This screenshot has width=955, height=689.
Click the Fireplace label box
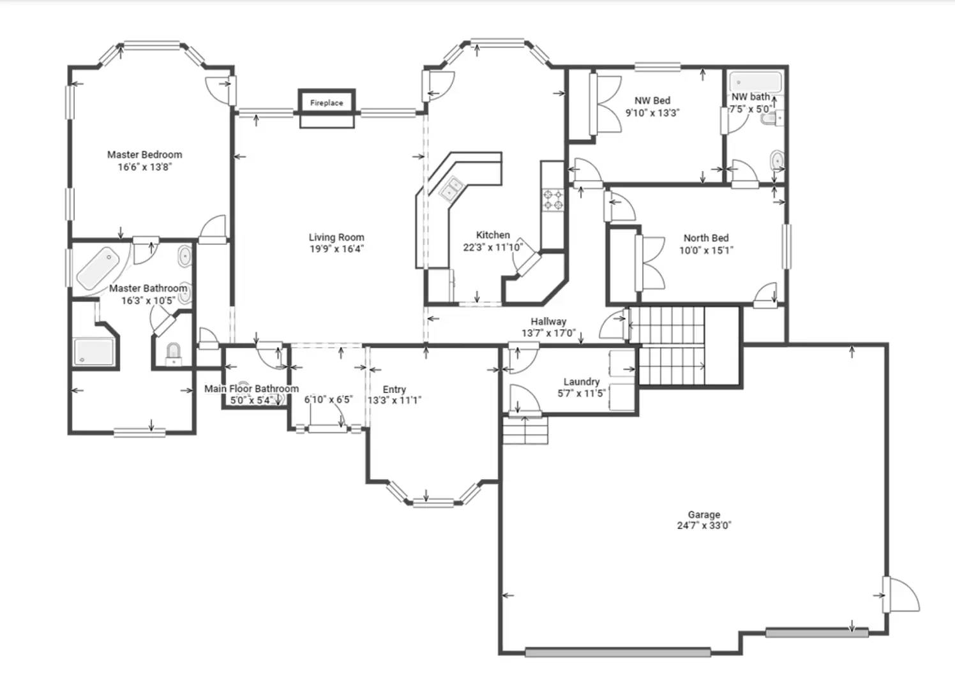(x=326, y=102)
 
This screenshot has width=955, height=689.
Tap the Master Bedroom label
(x=144, y=154)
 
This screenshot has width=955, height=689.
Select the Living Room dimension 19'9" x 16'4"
(x=336, y=249)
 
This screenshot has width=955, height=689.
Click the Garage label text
(x=703, y=514)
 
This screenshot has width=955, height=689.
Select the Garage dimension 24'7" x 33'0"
(x=703, y=526)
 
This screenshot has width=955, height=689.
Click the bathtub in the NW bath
(x=755, y=82)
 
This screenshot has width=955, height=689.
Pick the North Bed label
(x=705, y=238)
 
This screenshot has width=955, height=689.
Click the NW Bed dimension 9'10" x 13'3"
(x=652, y=113)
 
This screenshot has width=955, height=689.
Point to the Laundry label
(x=581, y=382)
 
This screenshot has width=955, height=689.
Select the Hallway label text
(x=548, y=322)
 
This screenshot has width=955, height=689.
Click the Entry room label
(x=394, y=389)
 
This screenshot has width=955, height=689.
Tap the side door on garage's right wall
(x=887, y=595)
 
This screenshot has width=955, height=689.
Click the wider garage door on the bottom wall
(x=617, y=652)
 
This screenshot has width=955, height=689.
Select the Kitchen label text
(x=492, y=235)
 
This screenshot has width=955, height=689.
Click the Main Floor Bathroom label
(x=251, y=389)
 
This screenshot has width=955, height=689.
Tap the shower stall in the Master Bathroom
(x=94, y=351)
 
